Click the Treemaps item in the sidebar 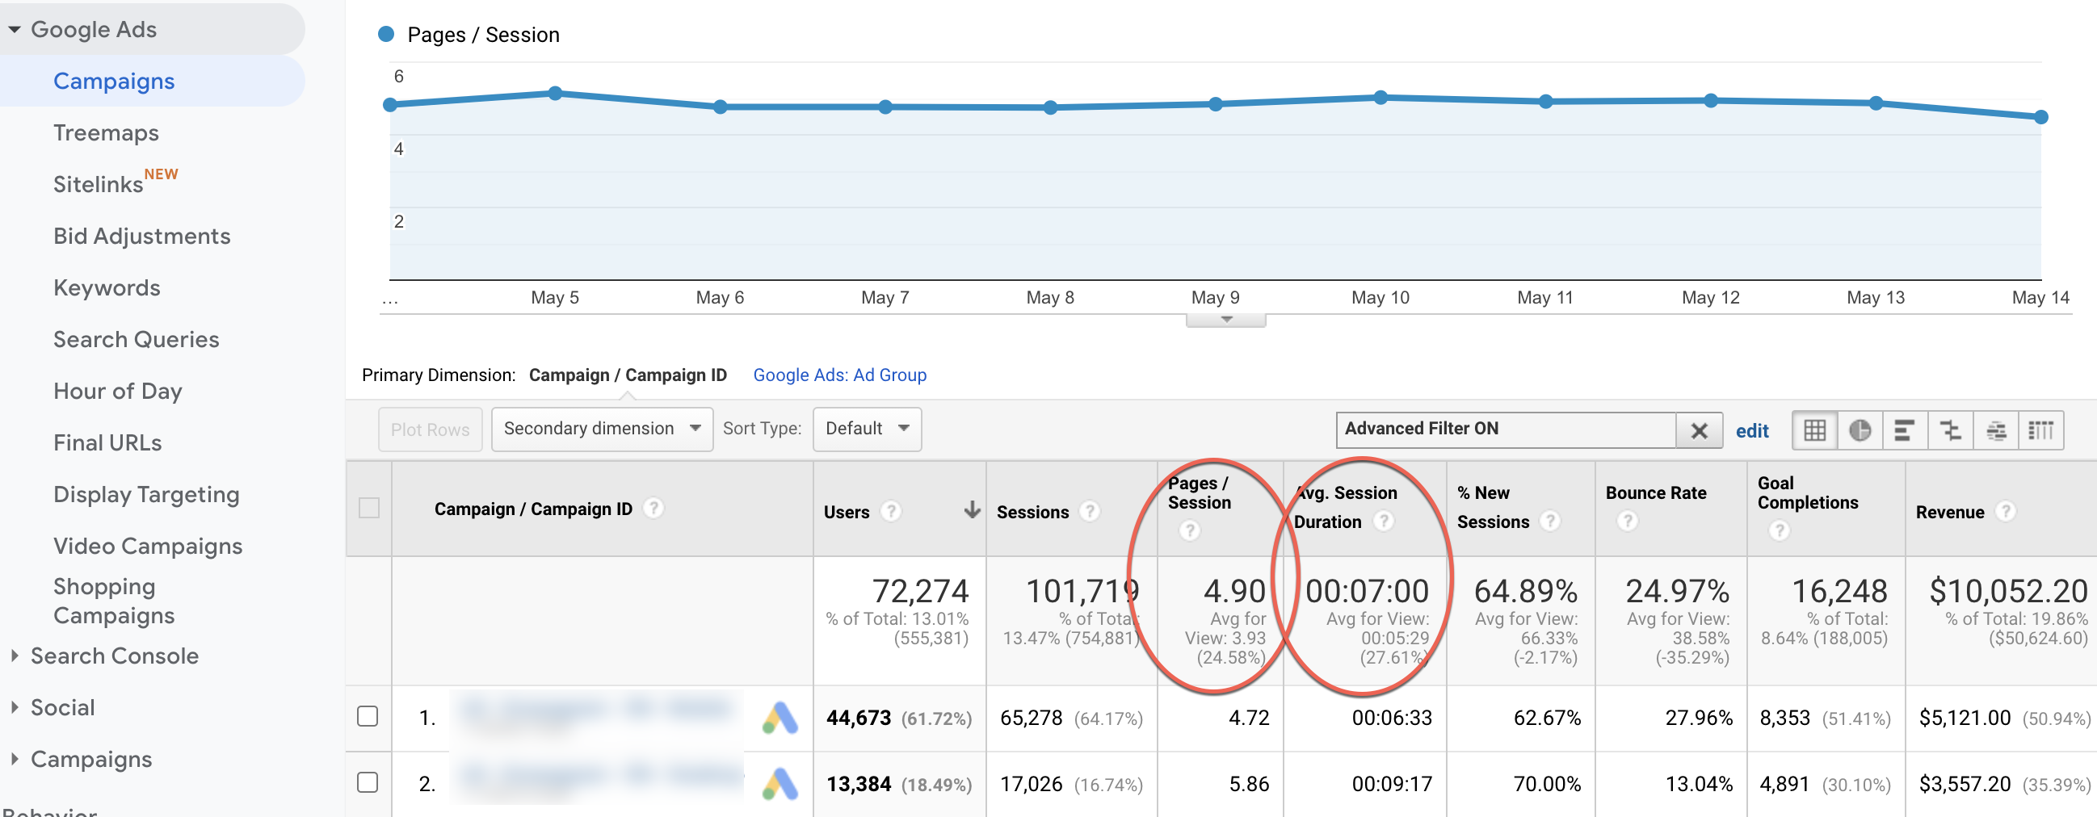[x=106, y=132]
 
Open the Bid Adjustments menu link [x=141, y=236]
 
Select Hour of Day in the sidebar [x=117, y=392]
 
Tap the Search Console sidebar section [x=114, y=656]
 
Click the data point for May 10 [x=1380, y=98]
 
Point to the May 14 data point [x=2040, y=117]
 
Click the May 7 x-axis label [x=885, y=298]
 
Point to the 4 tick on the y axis [x=399, y=149]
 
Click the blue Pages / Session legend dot [x=387, y=34]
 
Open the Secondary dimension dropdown [x=602, y=429]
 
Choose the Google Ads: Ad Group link [x=839, y=375]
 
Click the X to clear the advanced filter [x=1699, y=430]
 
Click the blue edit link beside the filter [x=1752, y=431]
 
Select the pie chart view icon [x=1860, y=430]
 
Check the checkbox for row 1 [x=368, y=716]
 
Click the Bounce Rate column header [x=1656, y=493]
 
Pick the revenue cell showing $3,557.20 [x=1965, y=784]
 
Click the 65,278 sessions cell [x=1031, y=718]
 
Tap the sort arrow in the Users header [x=972, y=510]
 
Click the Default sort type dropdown [x=867, y=429]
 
